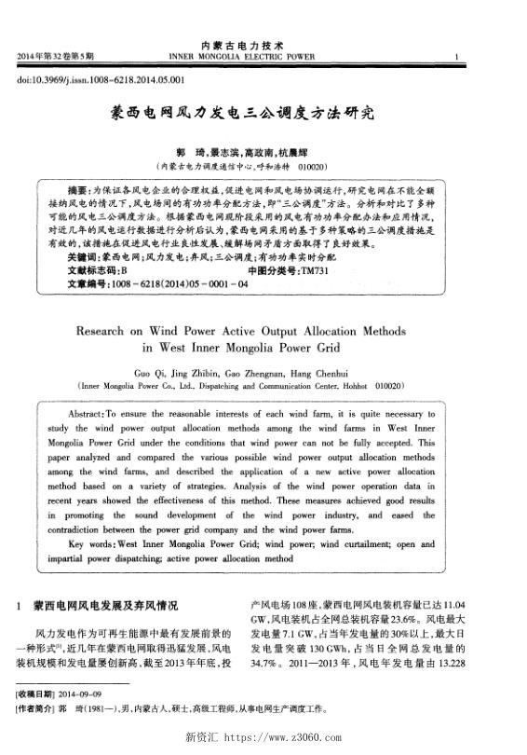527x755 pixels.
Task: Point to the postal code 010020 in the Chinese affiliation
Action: pos(309,166)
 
